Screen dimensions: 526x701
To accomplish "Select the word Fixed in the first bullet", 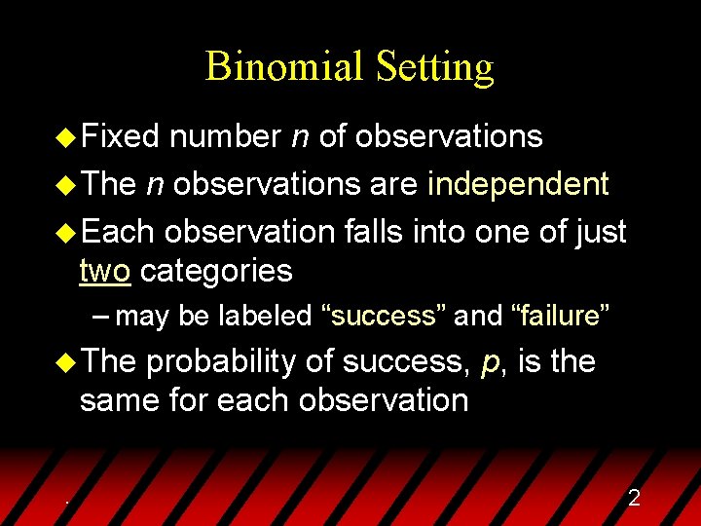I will coord(120,136).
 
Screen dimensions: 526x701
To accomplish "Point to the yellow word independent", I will coord(519,183).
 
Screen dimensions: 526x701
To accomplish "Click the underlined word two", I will coord(104,270).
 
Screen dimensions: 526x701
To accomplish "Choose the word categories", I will coord(216,271).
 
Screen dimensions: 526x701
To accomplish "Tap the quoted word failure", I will coord(562,316).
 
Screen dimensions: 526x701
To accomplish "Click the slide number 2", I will coord(634,499).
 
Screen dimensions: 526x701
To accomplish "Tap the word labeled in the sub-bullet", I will coord(272,316).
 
